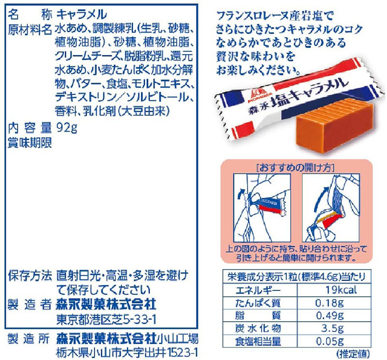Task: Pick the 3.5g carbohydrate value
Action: coord(330,329)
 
